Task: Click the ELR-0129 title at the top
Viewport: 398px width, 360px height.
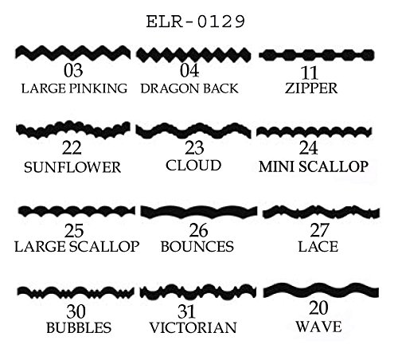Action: coord(196,22)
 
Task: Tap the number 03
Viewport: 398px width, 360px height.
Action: coord(73,71)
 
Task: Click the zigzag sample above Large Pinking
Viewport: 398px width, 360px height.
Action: coord(73,53)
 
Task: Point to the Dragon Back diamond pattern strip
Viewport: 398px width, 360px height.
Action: coord(193,55)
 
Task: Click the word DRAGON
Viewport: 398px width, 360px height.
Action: coord(165,88)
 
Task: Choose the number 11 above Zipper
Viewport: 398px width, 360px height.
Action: coord(309,72)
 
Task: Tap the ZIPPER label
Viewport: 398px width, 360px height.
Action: coord(311,88)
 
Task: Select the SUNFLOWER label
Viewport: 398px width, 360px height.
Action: coord(72,167)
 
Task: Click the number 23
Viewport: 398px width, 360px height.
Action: coord(194,148)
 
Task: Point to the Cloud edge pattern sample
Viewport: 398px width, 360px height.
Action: coord(193,131)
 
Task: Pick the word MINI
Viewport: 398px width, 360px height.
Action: coord(276,166)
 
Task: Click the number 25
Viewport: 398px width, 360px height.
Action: coord(74,231)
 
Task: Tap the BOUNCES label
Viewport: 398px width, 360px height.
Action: coord(197,247)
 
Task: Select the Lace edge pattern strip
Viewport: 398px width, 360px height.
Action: coord(321,212)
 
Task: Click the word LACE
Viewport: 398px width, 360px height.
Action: coord(318,247)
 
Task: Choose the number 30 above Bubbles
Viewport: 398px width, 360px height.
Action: coord(76,311)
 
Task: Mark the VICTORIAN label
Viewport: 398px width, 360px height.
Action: coord(193,327)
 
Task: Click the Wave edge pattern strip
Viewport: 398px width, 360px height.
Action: coord(321,291)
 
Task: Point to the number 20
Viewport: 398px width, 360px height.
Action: coord(318,308)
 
